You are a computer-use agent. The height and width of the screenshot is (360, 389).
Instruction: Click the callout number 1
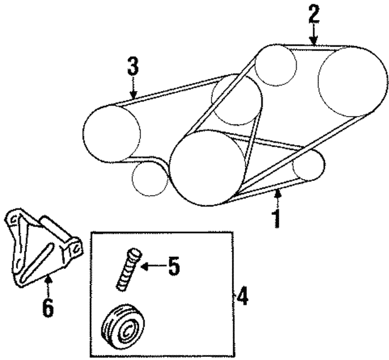pyautogui.click(x=277, y=219)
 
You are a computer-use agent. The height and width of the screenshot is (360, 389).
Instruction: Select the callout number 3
pyautogui.click(x=133, y=66)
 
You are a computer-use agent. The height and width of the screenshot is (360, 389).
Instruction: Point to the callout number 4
pyautogui.click(x=242, y=296)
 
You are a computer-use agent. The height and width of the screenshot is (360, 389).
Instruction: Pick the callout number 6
pyautogui.click(x=48, y=307)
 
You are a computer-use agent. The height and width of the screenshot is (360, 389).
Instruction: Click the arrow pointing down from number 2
pyautogui.click(x=314, y=35)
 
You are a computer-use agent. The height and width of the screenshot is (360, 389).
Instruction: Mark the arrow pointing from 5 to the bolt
pyautogui.click(x=153, y=267)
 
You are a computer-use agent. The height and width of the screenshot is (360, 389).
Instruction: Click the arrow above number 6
pyautogui.click(x=49, y=287)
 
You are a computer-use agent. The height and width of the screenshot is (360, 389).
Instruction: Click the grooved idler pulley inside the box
pyautogui.click(x=123, y=324)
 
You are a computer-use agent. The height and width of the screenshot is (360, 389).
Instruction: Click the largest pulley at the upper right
pyautogui.click(x=353, y=82)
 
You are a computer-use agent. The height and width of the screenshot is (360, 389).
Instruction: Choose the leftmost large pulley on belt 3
pyautogui.click(x=112, y=134)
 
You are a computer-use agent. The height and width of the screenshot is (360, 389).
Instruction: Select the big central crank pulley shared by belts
pyautogui.click(x=207, y=168)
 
